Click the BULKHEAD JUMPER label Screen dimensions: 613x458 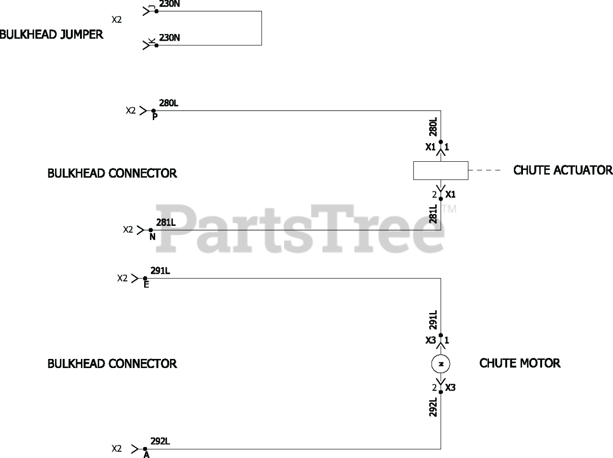point(51,34)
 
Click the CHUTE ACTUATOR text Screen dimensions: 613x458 point(563,170)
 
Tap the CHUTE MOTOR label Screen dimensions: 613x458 point(520,363)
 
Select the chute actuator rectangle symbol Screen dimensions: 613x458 point(441,170)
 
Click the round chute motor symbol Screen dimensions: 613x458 point(441,364)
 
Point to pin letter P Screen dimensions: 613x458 point(155,117)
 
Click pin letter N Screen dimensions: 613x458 point(152,236)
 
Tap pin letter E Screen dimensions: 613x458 point(147,285)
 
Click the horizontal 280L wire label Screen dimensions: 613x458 point(169,103)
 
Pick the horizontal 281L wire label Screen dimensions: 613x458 point(166,223)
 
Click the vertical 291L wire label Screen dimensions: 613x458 point(433,320)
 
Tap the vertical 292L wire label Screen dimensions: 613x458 point(433,407)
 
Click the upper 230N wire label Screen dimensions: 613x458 point(170,4)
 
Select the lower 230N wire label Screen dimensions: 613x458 point(170,38)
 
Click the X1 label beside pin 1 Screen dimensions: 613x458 point(431,147)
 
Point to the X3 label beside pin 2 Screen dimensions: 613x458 point(450,388)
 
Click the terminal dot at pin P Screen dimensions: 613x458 point(153,111)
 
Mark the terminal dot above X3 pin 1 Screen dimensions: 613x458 point(441,335)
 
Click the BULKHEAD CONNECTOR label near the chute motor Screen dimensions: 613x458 point(112,364)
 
